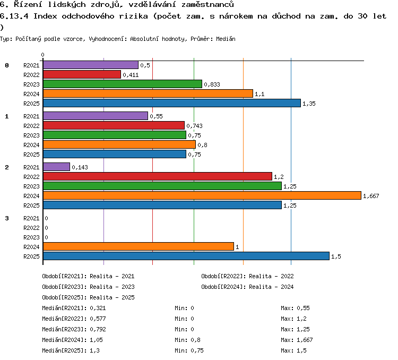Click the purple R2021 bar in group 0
[x=91, y=65]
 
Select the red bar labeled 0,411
[x=82, y=74]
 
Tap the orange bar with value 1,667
[x=202, y=195]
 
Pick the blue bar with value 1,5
[x=186, y=256]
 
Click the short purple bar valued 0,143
[x=56, y=167]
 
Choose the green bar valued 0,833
[x=123, y=84]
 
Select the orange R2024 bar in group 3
[x=139, y=246]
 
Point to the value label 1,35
[x=309, y=104]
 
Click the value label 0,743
[x=194, y=126]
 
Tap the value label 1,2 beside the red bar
[x=279, y=177]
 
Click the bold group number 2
[x=7, y=167]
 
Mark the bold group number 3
[x=7, y=218]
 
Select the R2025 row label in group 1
[x=31, y=155]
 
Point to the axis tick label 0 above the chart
[x=42, y=55]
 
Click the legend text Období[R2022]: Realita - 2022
[x=247, y=276]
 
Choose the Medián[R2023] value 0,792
[x=98, y=330]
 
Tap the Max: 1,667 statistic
[x=297, y=340]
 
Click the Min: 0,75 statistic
[x=189, y=350]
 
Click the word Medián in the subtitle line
[x=226, y=39]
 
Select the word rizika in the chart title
[x=134, y=16]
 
